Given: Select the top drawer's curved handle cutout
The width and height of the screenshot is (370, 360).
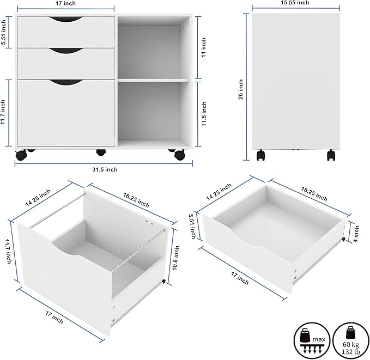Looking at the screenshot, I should pos(66,21).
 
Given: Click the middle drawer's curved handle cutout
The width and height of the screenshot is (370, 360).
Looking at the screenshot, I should pos(66,52).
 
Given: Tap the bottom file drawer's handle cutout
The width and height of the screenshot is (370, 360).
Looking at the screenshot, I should pos(66,83).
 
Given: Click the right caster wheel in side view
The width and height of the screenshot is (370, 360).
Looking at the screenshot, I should pos(331,155).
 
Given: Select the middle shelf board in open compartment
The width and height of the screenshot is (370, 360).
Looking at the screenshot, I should pos(154,80).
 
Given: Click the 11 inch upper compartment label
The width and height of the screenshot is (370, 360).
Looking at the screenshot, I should pos(204,47).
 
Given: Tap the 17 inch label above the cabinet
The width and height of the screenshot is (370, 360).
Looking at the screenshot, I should pos(66,3).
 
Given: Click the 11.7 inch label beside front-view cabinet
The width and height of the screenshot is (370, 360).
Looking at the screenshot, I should pos(4,112).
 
